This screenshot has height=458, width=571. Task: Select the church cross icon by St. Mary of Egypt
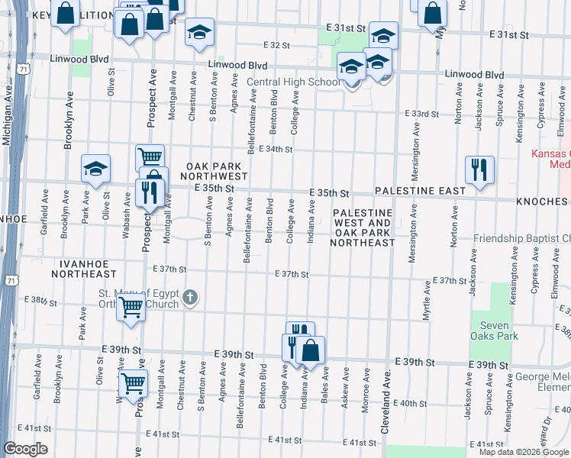191,296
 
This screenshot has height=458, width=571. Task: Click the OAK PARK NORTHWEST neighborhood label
215,170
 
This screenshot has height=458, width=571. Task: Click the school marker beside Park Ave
96,169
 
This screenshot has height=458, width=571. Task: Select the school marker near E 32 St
199,31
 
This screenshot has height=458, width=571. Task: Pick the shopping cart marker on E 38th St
131,308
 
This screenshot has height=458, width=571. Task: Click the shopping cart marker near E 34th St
150,158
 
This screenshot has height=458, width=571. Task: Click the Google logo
25,449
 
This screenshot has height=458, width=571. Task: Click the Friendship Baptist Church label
521,239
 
